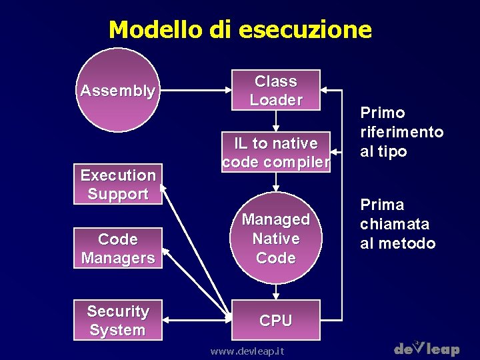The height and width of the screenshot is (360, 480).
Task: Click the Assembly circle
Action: [x=118, y=90]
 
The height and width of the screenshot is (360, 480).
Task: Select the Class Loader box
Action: [x=276, y=90]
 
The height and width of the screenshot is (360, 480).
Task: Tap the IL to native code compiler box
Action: [x=276, y=152]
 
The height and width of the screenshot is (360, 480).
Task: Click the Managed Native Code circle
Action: [x=276, y=238]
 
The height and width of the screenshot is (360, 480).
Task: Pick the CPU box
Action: [x=276, y=320]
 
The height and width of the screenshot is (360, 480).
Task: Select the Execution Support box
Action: [x=118, y=184]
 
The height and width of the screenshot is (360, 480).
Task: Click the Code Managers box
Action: [x=118, y=248]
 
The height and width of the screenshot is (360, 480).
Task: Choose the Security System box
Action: [x=118, y=320]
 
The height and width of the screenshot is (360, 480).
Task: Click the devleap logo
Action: [x=427, y=347]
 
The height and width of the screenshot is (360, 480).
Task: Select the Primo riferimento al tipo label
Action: [x=401, y=132]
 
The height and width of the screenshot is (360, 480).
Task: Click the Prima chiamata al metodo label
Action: [x=398, y=224]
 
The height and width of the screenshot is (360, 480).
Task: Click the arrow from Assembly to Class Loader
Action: [x=194, y=90]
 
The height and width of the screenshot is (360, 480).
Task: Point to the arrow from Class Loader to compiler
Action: [x=276, y=120]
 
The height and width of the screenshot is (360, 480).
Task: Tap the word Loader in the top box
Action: [x=276, y=100]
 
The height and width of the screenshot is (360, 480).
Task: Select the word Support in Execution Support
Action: [x=118, y=194]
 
